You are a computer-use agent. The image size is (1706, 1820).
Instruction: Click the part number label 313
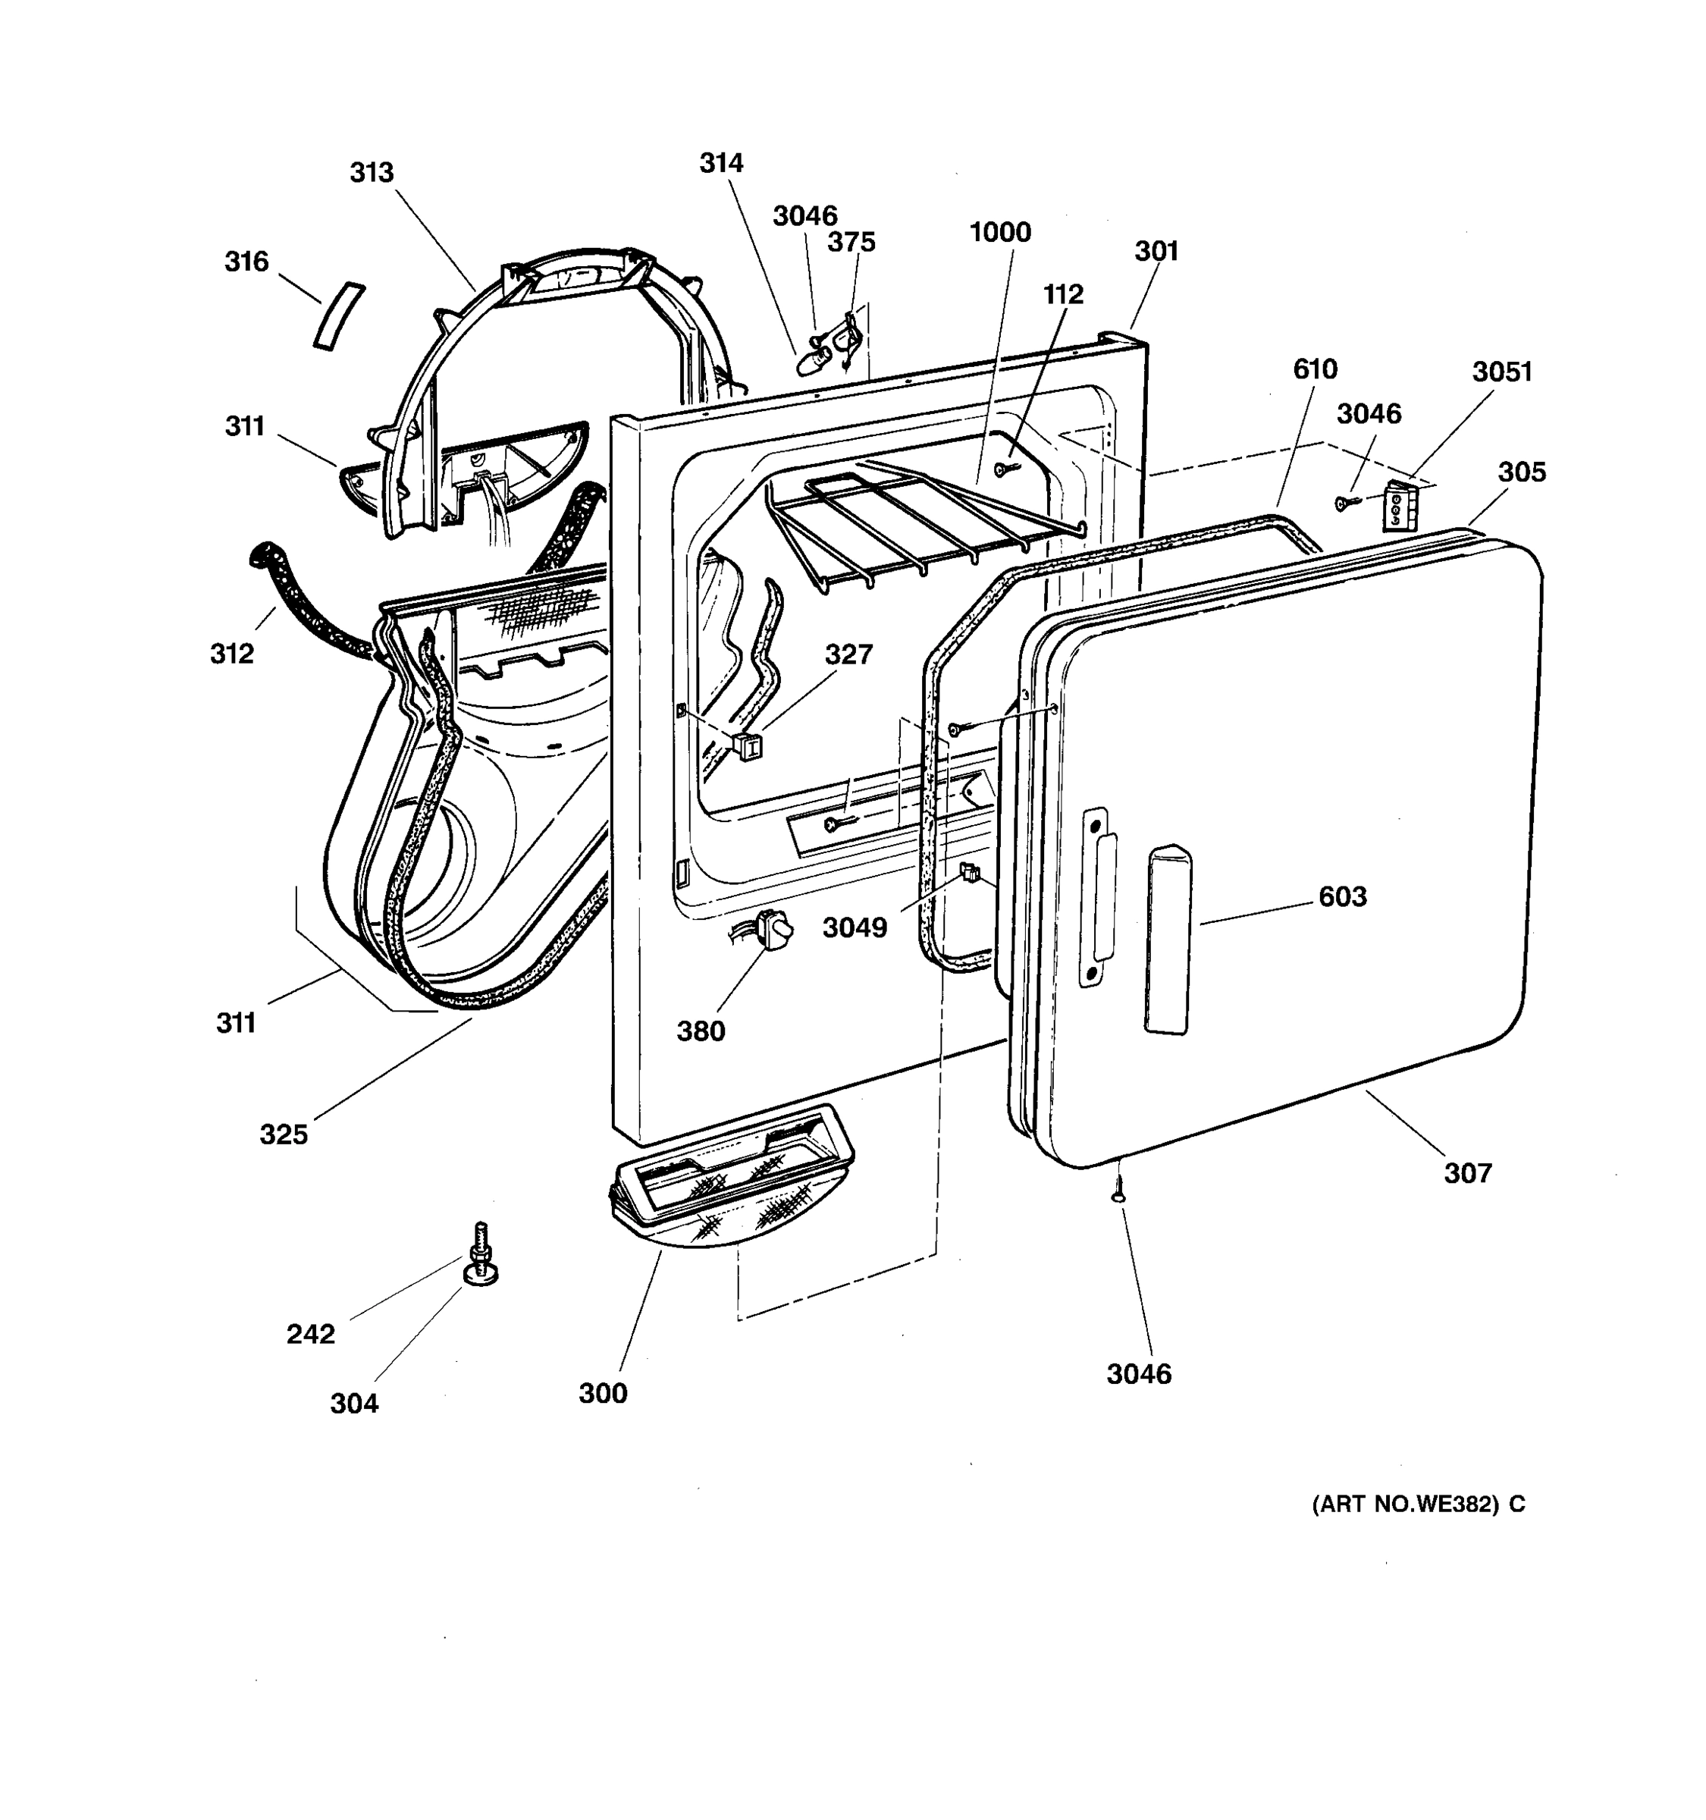[372, 173]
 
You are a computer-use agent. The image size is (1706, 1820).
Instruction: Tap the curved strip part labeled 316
[339, 315]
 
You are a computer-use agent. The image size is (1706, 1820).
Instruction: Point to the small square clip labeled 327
[748, 746]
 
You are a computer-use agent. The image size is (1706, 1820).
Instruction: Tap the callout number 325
[284, 1134]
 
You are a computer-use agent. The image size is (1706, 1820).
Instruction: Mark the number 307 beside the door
[1467, 1172]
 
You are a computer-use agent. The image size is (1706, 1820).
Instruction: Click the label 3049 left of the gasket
[854, 928]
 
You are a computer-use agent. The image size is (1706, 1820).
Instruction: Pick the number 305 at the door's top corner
[1521, 472]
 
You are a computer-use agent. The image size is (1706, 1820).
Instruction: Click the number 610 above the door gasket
[1314, 369]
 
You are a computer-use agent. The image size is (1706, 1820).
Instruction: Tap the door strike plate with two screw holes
[1096, 898]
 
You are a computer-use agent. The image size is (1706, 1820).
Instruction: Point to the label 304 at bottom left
[354, 1404]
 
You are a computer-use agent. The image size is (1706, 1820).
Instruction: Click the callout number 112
[1062, 295]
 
